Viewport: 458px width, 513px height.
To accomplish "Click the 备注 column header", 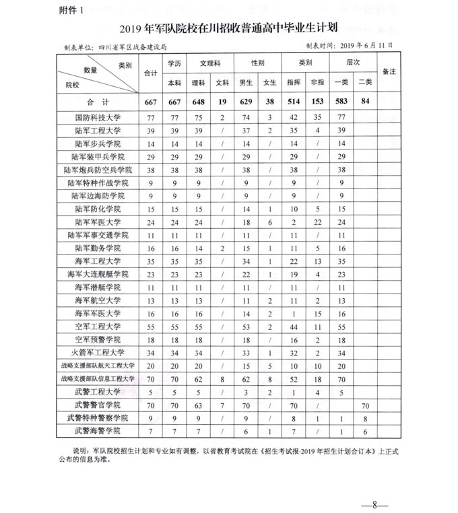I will tap(389, 71).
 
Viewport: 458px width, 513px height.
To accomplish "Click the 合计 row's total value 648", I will tap(198, 102).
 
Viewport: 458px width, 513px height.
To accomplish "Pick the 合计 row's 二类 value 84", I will tap(365, 102).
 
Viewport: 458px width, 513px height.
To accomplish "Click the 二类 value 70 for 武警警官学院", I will tap(365, 405).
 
